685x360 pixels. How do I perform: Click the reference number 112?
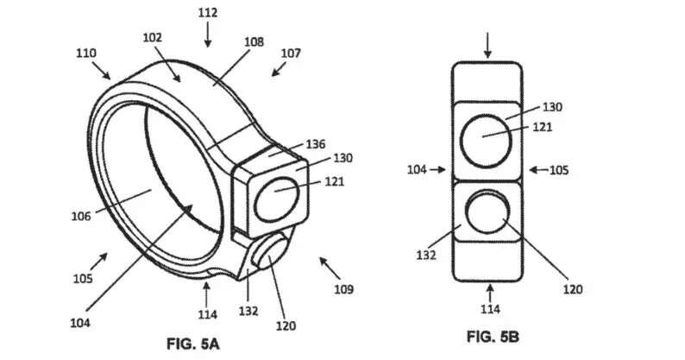(208, 13)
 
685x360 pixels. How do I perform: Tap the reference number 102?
(153, 38)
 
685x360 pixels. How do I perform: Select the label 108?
(254, 42)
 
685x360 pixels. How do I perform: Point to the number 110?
(86, 54)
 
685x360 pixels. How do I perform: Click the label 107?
(291, 54)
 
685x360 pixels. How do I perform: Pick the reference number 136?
(316, 144)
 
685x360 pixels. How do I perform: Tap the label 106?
(81, 216)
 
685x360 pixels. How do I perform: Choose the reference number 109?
(344, 289)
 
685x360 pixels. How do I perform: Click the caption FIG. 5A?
(193, 344)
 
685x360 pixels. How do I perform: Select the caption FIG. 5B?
(493, 337)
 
